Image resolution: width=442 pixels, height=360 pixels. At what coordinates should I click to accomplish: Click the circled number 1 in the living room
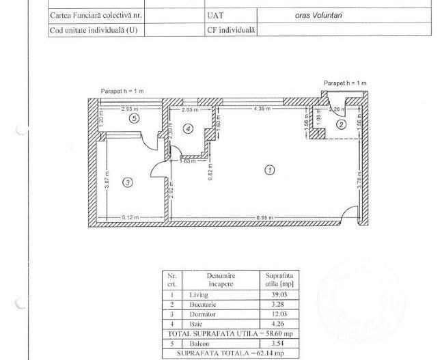pyautogui.click(x=270, y=170)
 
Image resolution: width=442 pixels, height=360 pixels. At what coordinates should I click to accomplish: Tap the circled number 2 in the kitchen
pyautogui.click(x=340, y=124)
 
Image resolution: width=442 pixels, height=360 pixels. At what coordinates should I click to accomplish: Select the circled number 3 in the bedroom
pyautogui.click(x=127, y=182)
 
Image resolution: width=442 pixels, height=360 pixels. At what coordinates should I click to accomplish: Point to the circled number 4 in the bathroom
pyautogui.click(x=189, y=128)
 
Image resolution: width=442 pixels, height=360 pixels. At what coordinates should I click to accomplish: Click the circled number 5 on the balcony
pyautogui.click(x=135, y=118)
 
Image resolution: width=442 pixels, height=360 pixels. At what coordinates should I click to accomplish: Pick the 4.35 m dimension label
pyautogui.click(x=262, y=109)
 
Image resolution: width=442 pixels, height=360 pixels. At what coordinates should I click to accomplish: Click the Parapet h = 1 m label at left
pyautogui.click(x=122, y=91)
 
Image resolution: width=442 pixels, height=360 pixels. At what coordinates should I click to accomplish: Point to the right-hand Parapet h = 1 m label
pyautogui.click(x=345, y=83)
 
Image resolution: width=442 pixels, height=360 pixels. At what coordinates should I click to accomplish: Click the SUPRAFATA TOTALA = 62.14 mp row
pyautogui.click(x=230, y=353)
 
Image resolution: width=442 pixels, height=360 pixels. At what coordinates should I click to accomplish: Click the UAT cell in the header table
pyautogui.click(x=215, y=14)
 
